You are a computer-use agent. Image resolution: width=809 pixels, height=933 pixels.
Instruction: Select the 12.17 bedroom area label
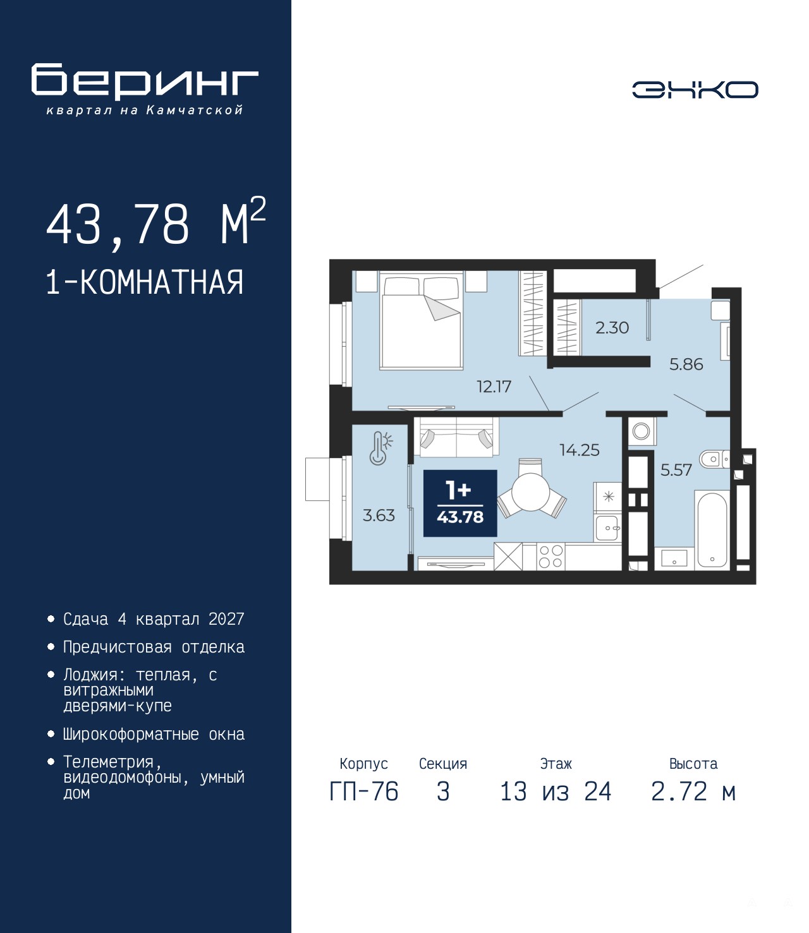pyautogui.click(x=494, y=387)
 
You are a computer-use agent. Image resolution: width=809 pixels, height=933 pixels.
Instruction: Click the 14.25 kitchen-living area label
pyautogui.click(x=580, y=450)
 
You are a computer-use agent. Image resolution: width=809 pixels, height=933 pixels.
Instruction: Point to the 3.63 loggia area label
pyautogui.click(x=379, y=515)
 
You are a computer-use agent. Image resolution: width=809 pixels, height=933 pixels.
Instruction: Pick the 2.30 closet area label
pyautogui.click(x=612, y=327)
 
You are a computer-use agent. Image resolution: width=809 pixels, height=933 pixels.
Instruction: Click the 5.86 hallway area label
pyautogui.click(x=686, y=364)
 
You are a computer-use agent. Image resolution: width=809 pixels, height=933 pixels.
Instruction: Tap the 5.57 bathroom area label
pyautogui.click(x=676, y=470)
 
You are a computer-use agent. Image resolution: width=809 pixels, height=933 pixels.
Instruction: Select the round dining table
pyautogui.click(x=530, y=491)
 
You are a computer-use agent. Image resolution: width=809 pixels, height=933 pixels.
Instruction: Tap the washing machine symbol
pyautogui.click(x=641, y=431)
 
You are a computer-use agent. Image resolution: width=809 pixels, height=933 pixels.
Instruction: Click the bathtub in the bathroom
pyautogui.click(x=712, y=528)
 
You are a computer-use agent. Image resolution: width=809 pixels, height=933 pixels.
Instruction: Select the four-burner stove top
pyautogui.click(x=551, y=557)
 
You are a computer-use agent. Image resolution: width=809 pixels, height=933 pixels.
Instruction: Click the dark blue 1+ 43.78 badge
pyautogui.click(x=460, y=503)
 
